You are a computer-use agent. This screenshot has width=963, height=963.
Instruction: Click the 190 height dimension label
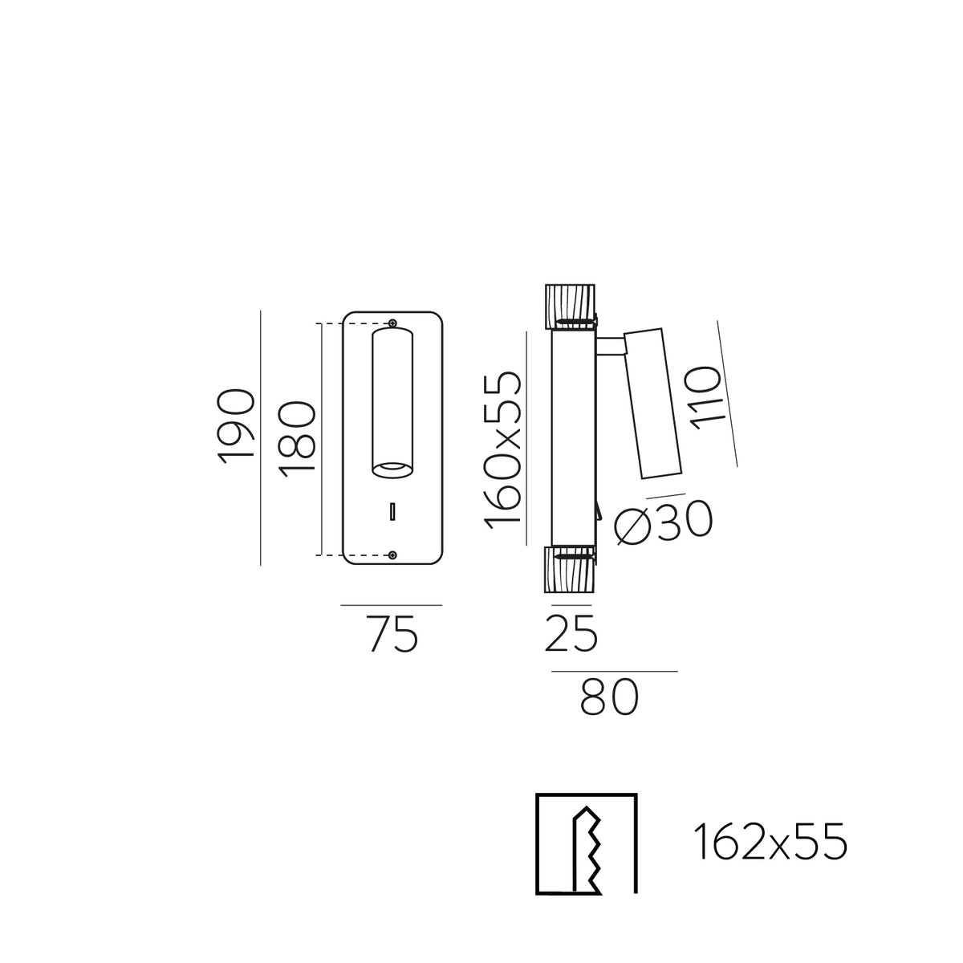pyautogui.click(x=236, y=426)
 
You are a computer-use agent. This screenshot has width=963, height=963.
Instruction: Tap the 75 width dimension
pyautogui.click(x=392, y=634)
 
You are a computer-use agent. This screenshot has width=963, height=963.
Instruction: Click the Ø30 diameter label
pyautogui.click(x=663, y=521)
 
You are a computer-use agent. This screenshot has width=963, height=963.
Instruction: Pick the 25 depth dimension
pyautogui.click(x=571, y=633)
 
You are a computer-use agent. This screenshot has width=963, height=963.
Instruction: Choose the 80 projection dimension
pyautogui.click(x=609, y=697)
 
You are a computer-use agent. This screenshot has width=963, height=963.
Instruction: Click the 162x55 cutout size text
pyautogui.click(x=770, y=842)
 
